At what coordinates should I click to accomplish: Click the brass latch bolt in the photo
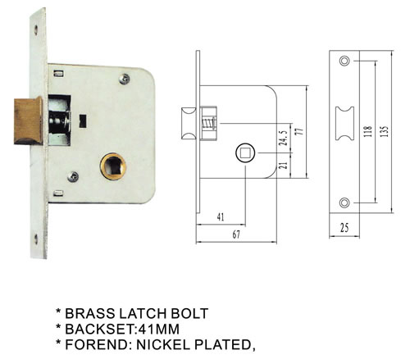tap(29, 121)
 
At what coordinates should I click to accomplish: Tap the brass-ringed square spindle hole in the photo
tap(113, 166)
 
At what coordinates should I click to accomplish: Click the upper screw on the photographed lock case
tap(125, 79)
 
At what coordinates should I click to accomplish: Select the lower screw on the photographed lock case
tap(73, 176)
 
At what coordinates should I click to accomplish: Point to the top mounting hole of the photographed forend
tap(36, 30)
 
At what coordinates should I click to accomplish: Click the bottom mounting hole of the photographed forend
tap(36, 239)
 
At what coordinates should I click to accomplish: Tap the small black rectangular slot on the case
tap(83, 121)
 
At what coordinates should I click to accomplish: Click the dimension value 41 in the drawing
tap(221, 217)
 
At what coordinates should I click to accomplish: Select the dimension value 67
tap(236, 234)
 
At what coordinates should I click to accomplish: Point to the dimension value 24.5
tap(284, 138)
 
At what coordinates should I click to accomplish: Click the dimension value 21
tap(284, 166)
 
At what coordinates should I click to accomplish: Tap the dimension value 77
tap(300, 131)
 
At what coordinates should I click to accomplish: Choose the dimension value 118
tap(368, 131)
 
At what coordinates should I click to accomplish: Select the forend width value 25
tap(344, 228)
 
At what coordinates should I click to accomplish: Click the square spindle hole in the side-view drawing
tap(245, 152)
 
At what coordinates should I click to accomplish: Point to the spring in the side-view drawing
tap(209, 123)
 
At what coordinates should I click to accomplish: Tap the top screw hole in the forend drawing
tap(344, 61)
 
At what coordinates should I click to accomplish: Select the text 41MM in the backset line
tap(159, 329)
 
